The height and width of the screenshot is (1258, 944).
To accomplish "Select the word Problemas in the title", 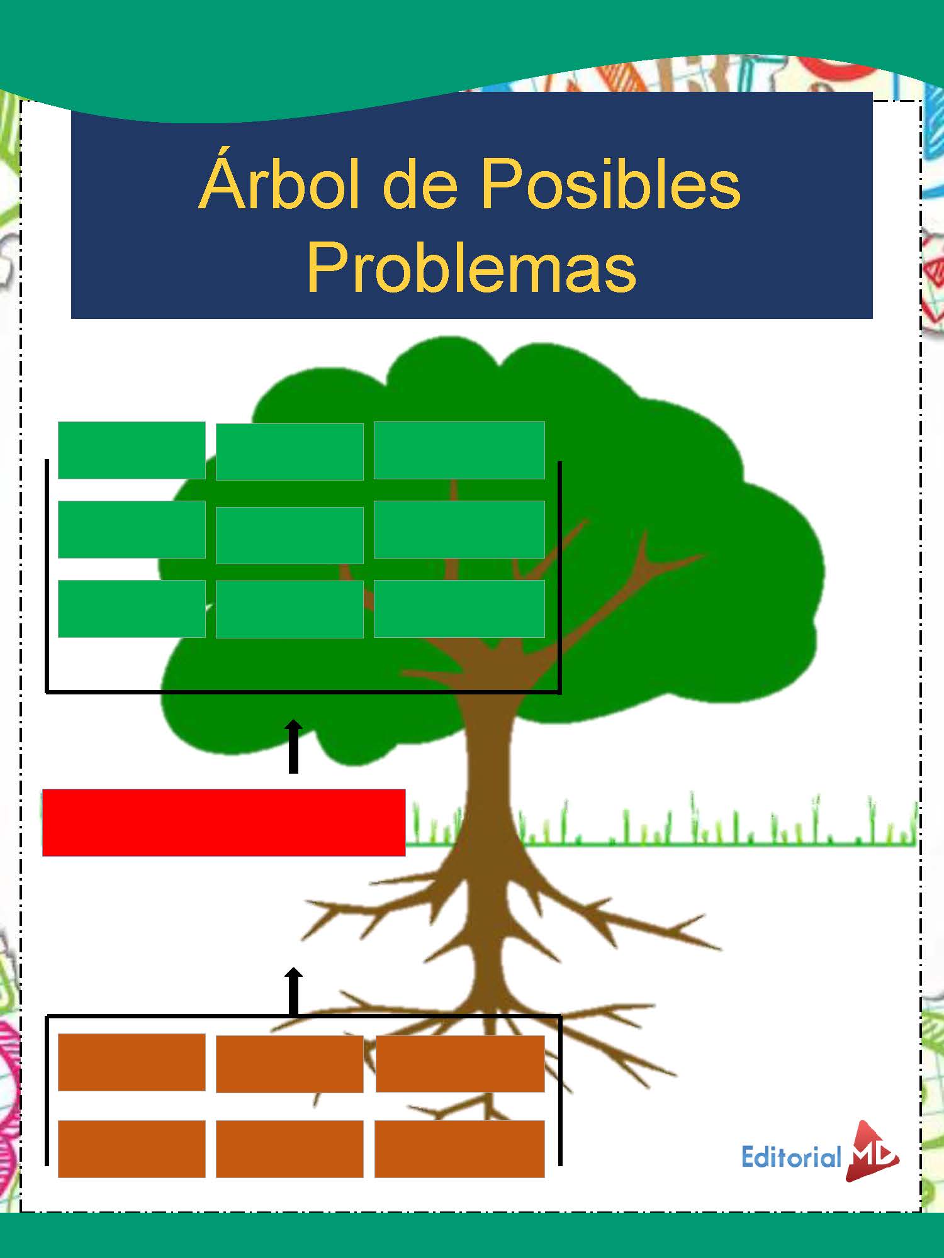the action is (x=471, y=269).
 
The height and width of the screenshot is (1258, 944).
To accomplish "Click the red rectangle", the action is (x=223, y=822).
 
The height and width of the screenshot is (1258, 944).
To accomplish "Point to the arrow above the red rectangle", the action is (x=293, y=746).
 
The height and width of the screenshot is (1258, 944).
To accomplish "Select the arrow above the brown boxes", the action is (x=293, y=991).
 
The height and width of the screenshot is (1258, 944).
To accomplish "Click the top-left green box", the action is (x=132, y=450).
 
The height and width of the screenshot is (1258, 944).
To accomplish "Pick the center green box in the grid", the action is (x=289, y=535).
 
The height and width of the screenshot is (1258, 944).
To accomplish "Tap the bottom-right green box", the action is (x=459, y=608).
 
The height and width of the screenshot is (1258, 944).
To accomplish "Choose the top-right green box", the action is (x=459, y=450).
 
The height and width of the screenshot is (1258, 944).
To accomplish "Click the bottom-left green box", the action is (x=132, y=608).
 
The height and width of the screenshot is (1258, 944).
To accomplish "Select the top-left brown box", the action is (x=132, y=1062).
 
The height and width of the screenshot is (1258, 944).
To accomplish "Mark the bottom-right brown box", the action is (x=459, y=1149).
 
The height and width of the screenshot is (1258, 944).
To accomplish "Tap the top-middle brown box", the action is (x=289, y=1064).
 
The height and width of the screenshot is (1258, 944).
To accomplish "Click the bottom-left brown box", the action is (x=132, y=1149).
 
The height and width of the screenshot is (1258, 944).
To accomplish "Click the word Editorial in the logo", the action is (x=791, y=1157).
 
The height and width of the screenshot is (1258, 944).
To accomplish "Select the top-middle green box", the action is (x=289, y=451).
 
